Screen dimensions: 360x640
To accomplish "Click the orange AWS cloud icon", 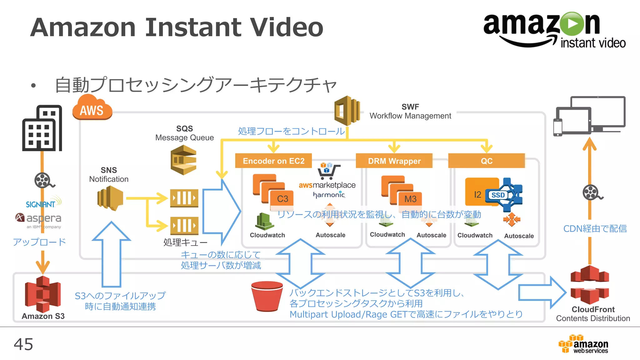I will (92, 108).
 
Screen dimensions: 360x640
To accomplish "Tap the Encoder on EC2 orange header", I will (273, 161).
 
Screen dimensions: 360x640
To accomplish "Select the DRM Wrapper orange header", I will (394, 161).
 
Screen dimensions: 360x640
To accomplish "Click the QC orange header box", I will (486, 161).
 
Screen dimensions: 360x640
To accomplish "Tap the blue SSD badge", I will (498, 195).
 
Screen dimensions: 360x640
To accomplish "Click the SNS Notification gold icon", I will (110, 198).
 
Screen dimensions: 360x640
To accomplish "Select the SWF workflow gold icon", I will (347, 111).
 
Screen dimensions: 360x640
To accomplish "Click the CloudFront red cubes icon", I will (590, 285).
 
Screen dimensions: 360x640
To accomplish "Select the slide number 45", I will (23, 344).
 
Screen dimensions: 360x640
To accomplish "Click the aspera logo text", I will (43, 218).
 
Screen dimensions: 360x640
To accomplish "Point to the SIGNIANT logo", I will (41, 204).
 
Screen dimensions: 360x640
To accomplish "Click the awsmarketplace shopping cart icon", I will (328, 171).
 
